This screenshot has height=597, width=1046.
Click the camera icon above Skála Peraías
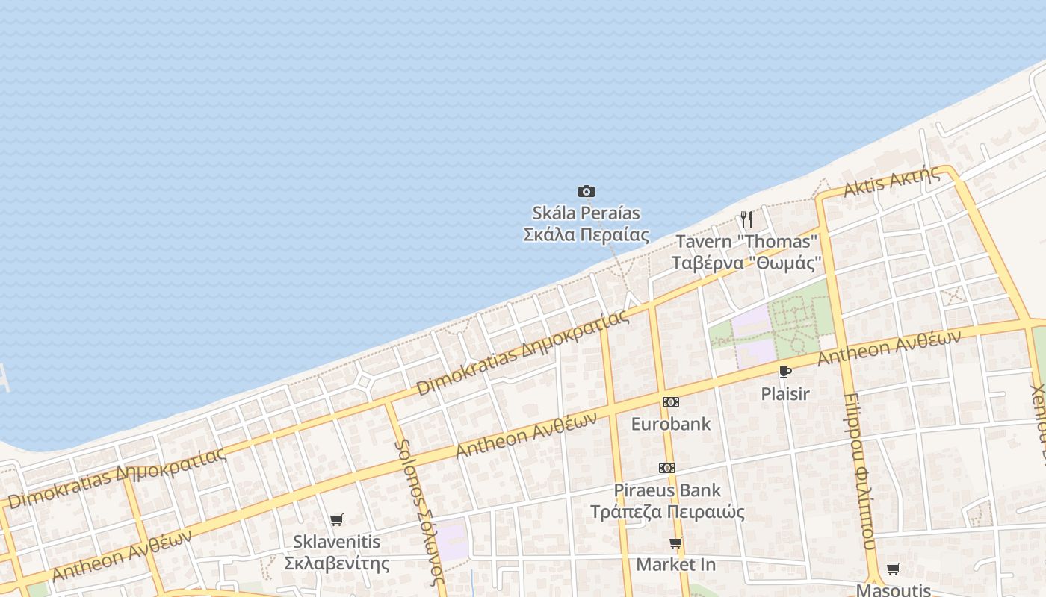click(587, 192)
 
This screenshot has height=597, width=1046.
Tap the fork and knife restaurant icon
click(746, 219)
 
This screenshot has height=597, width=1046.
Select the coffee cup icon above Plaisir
click(784, 372)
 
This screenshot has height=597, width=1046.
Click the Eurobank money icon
click(671, 402)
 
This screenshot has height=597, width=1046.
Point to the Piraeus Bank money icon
click(667, 468)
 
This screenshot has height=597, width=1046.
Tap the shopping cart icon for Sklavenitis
click(337, 519)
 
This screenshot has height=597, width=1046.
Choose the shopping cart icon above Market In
click(676, 543)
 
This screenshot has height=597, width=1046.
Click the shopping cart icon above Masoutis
click(893, 569)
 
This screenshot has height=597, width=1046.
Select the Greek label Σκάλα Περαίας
click(586, 234)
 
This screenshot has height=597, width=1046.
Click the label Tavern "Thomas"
click(746, 242)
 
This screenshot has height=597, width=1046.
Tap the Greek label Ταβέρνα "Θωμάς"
click(746, 263)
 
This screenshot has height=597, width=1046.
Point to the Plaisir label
click(784, 394)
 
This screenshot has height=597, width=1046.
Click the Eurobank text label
click(671, 424)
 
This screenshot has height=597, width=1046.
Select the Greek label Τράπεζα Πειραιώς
click(667, 512)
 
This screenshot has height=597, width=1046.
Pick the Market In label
click(675, 565)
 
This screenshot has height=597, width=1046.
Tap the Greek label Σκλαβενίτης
click(337, 563)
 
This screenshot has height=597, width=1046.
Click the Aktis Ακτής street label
click(891, 182)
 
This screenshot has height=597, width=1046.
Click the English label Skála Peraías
click(586, 213)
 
